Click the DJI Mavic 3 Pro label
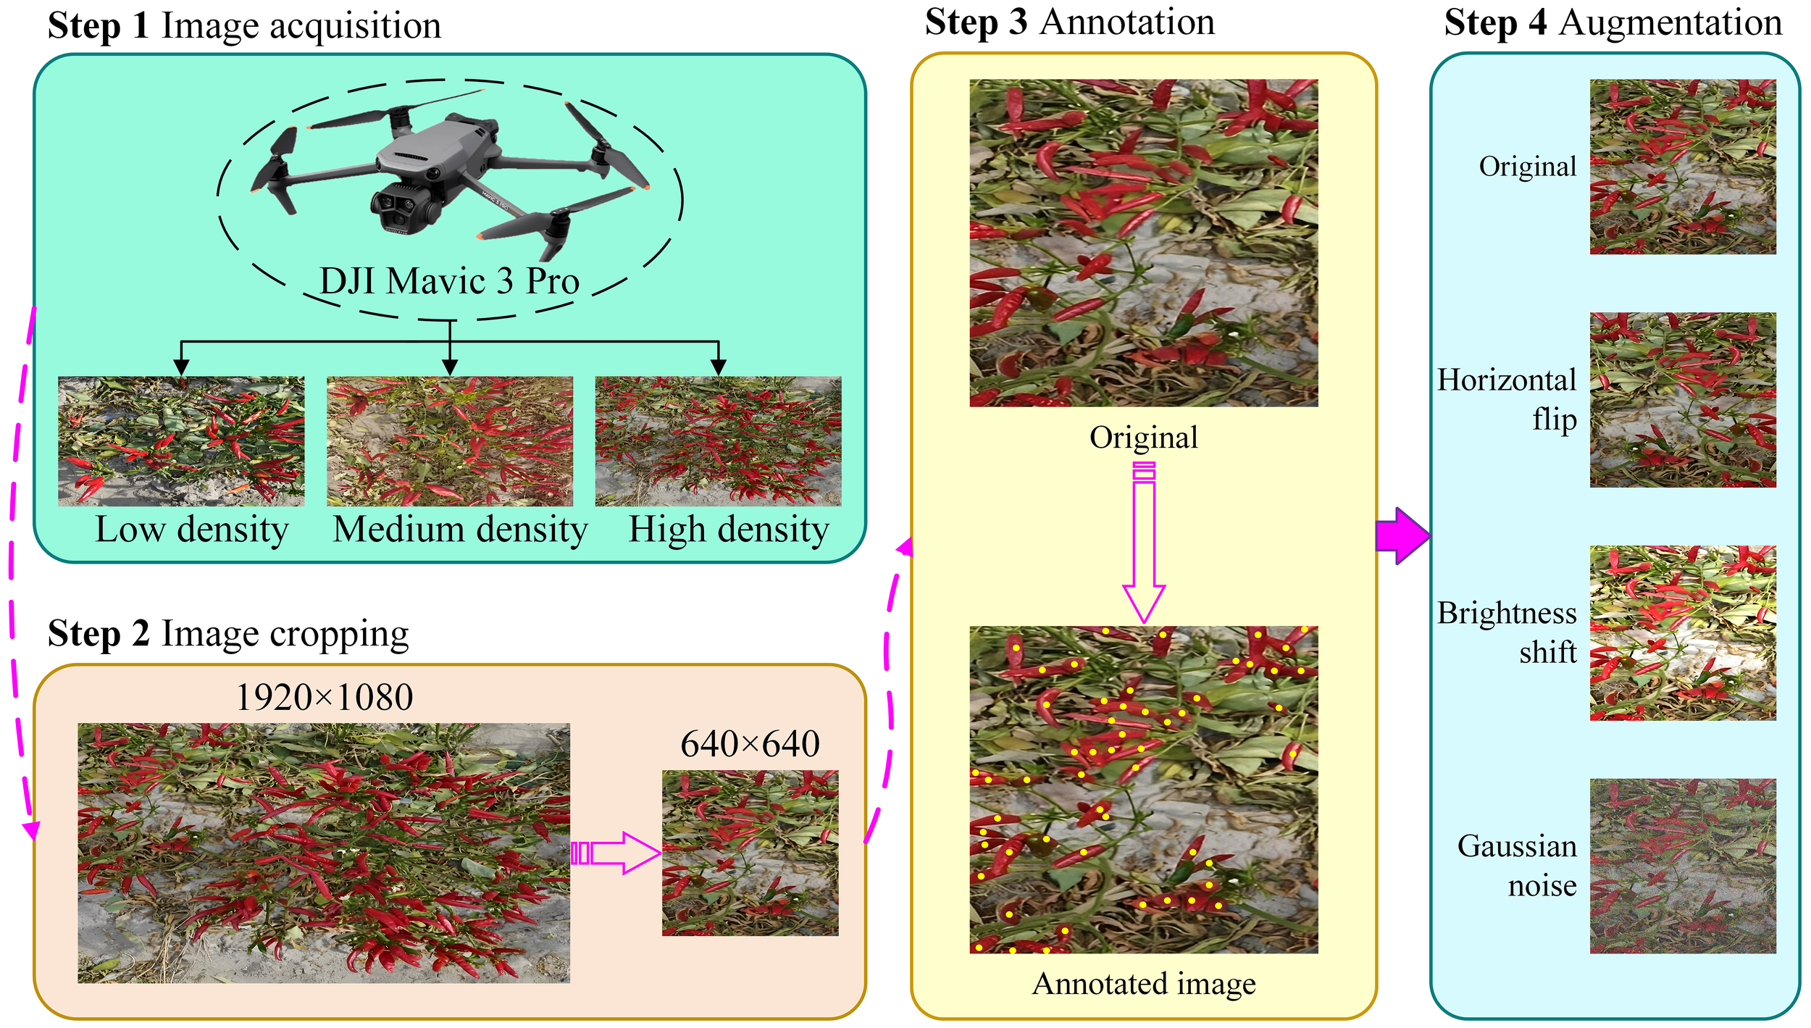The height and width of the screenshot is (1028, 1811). point(449,281)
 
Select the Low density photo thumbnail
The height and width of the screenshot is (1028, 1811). point(181,440)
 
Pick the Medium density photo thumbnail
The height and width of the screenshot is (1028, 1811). point(450,440)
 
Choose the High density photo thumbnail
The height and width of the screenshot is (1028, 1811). point(718,440)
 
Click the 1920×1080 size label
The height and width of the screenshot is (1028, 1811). point(325,698)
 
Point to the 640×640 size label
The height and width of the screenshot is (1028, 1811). point(750,744)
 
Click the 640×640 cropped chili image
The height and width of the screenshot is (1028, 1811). point(750,853)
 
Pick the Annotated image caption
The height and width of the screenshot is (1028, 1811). point(1144,984)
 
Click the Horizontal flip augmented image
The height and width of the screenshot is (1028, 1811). point(1682,400)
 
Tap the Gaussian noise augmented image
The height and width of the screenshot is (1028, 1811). point(1682,866)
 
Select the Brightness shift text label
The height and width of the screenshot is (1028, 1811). point(1507,632)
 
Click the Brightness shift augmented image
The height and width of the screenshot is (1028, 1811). point(1682,632)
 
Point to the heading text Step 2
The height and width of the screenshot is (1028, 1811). point(99,633)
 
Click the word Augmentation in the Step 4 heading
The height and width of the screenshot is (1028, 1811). point(1670,23)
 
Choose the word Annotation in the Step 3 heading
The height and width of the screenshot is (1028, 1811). point(1127,22)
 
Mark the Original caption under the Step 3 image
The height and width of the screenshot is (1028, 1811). point(1143,438)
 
